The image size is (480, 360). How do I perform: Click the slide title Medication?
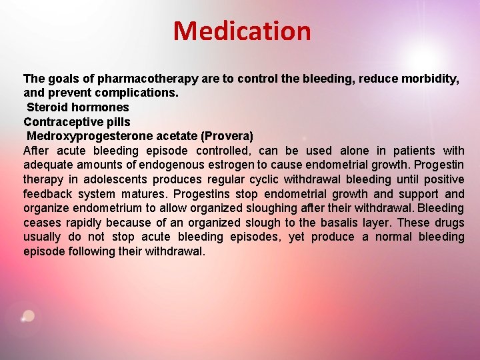coord(242,31)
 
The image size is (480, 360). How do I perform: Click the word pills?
coord(117,122)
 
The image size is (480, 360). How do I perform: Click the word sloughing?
coord(261,209)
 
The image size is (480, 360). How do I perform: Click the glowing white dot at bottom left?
coord(28,316)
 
